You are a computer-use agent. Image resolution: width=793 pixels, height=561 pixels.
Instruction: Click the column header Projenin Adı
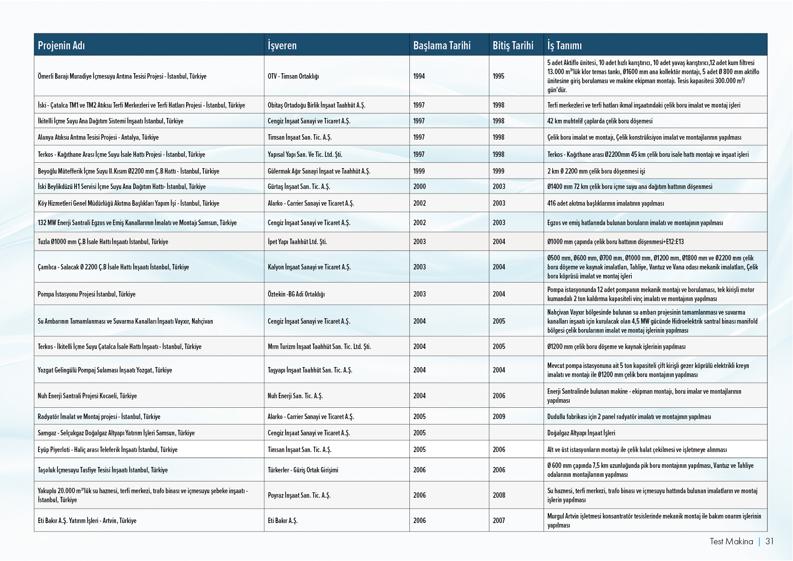61,45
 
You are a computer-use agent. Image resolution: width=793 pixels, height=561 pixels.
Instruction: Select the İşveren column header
282,45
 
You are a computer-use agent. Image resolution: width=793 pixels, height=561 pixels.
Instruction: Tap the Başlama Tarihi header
441,45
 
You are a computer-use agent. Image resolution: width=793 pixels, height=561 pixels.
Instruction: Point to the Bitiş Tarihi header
513,45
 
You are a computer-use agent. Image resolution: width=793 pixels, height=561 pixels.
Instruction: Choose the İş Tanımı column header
564,45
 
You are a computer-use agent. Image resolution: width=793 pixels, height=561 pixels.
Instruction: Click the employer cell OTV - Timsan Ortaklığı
293,76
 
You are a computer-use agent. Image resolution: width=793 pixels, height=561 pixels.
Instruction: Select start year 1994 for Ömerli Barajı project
419,76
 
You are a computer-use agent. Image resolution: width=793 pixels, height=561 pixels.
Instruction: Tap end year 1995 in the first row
498,76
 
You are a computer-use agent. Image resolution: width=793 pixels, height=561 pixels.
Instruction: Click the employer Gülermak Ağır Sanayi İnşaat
319,171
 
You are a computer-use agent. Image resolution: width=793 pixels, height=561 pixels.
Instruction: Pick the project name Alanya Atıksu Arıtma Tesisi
98,137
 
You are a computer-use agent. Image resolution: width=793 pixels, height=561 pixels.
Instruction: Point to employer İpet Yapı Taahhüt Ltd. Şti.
297,241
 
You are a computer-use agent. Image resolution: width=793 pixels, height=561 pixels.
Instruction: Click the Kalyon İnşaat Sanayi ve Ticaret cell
309,267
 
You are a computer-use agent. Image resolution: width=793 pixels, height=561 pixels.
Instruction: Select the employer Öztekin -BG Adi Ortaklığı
296,294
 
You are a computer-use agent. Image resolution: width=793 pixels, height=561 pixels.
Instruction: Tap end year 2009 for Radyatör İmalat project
499,416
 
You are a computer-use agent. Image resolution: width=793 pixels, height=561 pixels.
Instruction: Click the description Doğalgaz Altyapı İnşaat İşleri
581,433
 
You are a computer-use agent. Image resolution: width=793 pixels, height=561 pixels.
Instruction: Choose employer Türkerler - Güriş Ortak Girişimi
303,470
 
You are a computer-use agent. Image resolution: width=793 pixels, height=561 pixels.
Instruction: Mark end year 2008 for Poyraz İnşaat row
499,495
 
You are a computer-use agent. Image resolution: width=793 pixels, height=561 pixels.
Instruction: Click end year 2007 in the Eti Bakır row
499,520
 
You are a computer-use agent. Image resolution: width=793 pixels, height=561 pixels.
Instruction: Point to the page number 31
770,541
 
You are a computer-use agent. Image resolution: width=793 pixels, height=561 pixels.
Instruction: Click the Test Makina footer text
731,541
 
